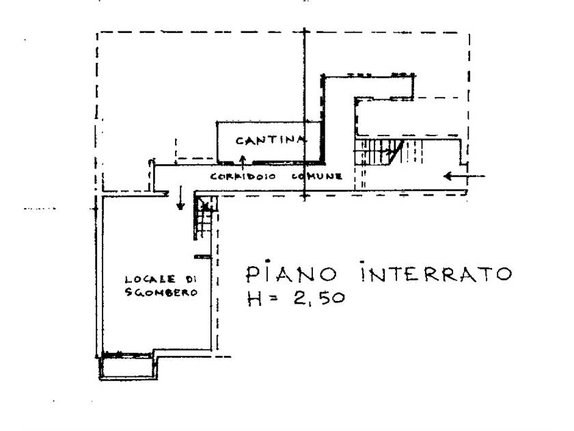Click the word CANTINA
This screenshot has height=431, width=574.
pyautogui.click(x=271, y=140)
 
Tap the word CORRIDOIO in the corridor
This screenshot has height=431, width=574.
pyautogui.click(x=243, y=177)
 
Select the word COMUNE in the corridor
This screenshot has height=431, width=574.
pyautogui.click(x=317, y=177)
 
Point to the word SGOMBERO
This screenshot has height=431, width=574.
pyautogui.click(x=161, y=292)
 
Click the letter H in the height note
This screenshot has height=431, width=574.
pyautogui.click(x=254, y=298)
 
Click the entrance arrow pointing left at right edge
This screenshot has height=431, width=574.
pyautogui.click(x=464, y=177)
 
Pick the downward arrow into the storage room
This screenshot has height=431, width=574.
pyautogui.click(x=180, y=198)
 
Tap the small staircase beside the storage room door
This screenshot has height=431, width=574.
pyautogui.click(x=204, y=218)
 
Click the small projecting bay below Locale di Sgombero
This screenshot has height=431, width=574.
pyautogui.click(x=128, y=366)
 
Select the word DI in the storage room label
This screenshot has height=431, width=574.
pyautogui.click(x=191, y=279)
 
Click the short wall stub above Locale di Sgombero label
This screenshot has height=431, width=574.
pyautogui.click(x=202, y=257)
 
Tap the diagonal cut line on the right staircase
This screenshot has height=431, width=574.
pyautogui.click(x=396, y=152)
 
